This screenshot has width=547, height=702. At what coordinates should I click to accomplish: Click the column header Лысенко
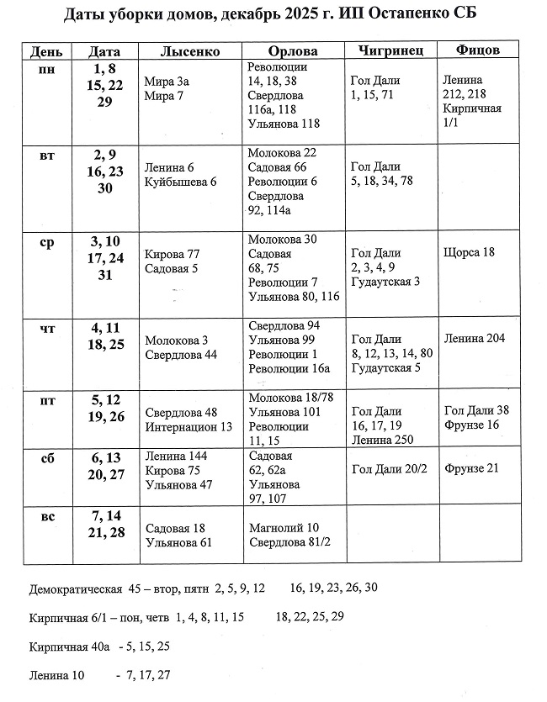pyautogui.click(x=189, y=51)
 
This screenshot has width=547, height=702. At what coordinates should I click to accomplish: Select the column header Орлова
pyautogui.click(x=292, y=51)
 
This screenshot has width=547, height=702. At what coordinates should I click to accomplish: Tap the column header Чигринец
pyautogui.click(x=390, y=51)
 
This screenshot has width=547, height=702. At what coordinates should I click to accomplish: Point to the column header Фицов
pyautogui.click(x=477, y=50)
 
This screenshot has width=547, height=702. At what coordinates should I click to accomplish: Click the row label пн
pyautogui.click(x=48, y=69)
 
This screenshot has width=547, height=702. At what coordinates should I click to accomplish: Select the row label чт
pyautogui.click(x=48, y=328)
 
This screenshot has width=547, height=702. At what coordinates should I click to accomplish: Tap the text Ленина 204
pyautogui.click(x=475, y=338)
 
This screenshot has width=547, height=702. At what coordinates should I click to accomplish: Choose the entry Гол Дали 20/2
pyautogui.click(x=389, y=469)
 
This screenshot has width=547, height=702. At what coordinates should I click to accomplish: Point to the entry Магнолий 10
pyautogui.click(x=284, y=528)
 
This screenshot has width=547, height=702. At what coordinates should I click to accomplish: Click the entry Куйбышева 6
pyautogui.click(x=180, y=182)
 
